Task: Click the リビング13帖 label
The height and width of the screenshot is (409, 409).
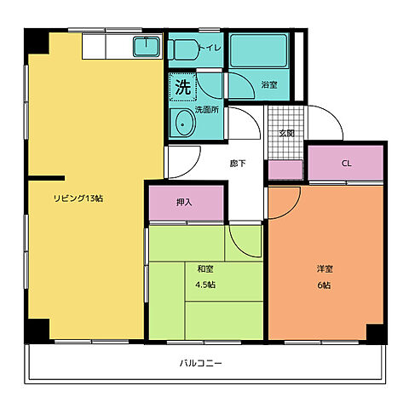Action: pos(78,199)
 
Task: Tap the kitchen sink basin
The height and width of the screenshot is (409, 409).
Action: pos(147,47)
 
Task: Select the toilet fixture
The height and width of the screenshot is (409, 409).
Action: pos(183,49)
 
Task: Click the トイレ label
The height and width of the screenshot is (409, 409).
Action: pos(210,48)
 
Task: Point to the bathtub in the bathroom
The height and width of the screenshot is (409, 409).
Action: pos(259,50)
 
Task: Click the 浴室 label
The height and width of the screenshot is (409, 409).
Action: pos(269,84)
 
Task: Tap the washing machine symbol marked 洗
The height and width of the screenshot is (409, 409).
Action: pos(182,87)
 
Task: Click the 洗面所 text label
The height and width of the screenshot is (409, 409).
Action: pos(207,110)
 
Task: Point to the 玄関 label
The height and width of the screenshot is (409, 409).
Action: pos(286,133)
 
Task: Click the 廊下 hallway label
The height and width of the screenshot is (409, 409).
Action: pos(238,164)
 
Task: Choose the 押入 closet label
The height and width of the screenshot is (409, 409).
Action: pos(184,202)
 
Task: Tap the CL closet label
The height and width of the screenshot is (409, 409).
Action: pos(347,164)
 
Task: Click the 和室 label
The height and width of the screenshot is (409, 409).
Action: pos(205,268)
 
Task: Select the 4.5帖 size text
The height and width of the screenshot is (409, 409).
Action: pos(205,285)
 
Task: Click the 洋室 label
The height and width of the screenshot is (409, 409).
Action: pos(325,268)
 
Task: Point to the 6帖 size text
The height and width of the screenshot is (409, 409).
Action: pos(324,285)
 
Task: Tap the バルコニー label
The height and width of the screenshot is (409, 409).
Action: pos(200,363)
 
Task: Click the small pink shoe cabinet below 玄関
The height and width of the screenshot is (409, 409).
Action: pos(285,170)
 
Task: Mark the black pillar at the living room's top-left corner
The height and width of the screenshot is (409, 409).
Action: pos(37,42)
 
